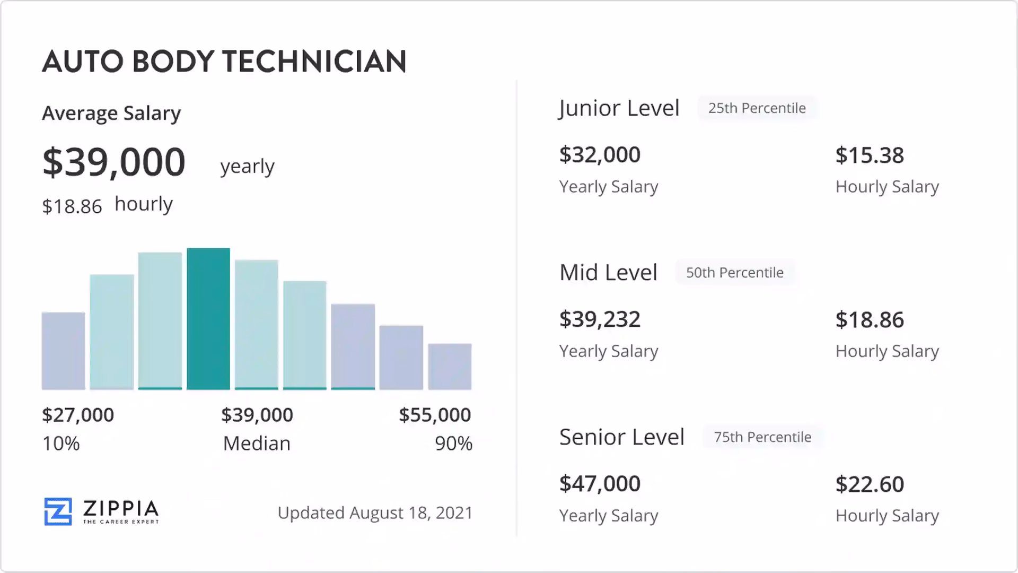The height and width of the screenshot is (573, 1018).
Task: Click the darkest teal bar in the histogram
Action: point(208,319)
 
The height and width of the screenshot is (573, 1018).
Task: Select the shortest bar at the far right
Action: point(450,367)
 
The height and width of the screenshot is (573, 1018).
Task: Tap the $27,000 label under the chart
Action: point(78,415)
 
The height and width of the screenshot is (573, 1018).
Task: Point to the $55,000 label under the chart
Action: point(435,415)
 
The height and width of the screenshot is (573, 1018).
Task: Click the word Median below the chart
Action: point(257,444)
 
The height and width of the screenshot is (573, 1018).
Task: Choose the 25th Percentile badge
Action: point(757,108)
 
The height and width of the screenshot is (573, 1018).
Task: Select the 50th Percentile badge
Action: point(734,273)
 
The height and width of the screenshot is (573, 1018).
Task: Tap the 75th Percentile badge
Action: point(762,437)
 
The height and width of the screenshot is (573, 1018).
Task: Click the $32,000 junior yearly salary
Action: point(600,155)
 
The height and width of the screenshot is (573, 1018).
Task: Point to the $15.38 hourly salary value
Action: point(870,155)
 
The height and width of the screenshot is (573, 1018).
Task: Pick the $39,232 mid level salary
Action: point(600,319)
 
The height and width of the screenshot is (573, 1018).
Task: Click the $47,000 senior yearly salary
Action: point(600,484)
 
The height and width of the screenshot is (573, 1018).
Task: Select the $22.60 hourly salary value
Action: point(870,484)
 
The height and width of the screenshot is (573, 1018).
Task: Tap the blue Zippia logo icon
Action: point(58,511)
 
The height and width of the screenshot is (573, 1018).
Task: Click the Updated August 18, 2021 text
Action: point(375,513)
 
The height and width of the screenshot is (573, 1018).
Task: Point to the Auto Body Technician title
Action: point(224,62)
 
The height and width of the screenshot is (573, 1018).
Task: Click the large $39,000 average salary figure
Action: point(114,162)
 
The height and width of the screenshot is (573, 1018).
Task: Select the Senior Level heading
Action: point(621,437)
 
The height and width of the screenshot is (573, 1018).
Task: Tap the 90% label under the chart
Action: point(453,444)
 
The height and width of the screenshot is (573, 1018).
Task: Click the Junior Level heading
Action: point(619,108)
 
